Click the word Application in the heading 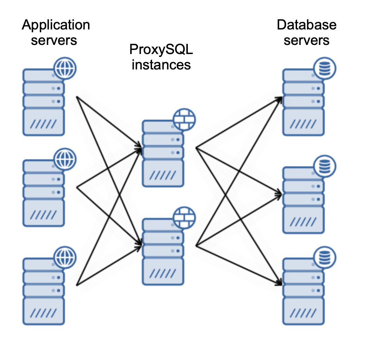(x=55, y=25)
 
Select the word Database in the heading (x=307, y=25)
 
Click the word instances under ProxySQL (x=161, y=65)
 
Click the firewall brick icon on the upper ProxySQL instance (x=184, y=120)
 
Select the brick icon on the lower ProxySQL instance (x=184, y=218)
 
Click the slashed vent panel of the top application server (x=44, y=123)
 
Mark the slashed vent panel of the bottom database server (x=303, y=312)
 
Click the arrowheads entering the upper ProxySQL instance (x=139, y=148)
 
